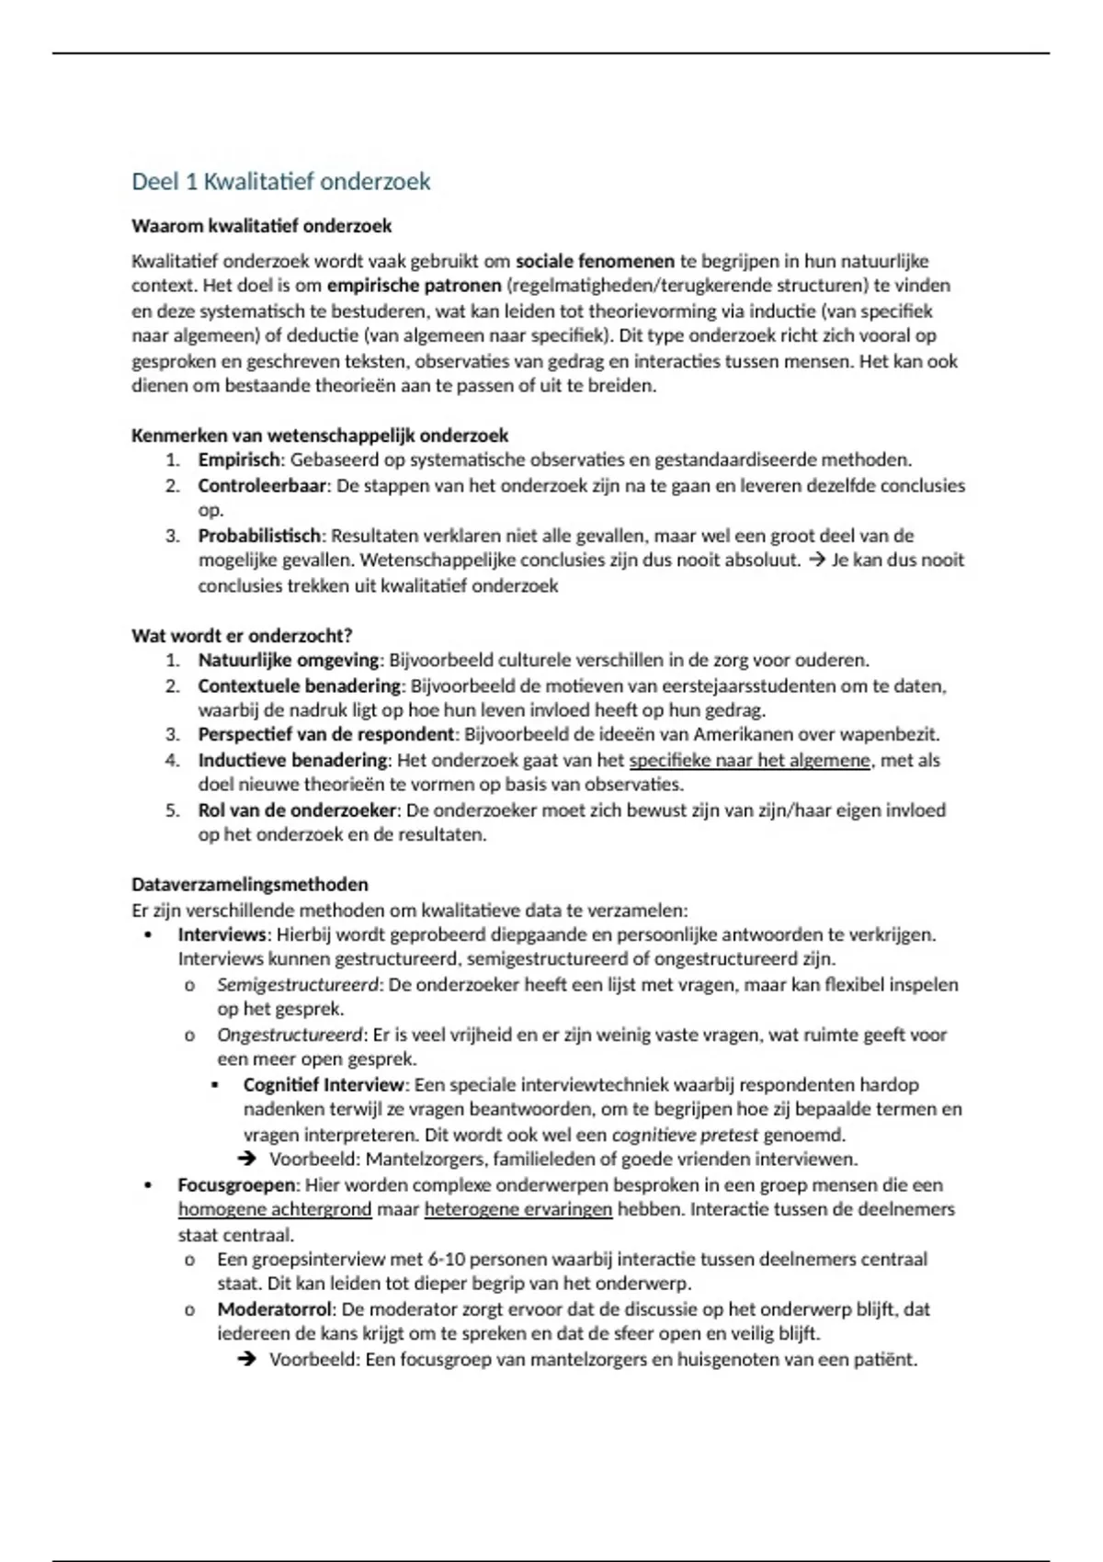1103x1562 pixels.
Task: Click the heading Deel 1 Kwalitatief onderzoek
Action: (x=280, y=182)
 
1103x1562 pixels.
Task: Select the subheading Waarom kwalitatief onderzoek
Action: (x=261, y=226)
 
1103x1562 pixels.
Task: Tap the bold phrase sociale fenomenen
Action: (x=595, y=261)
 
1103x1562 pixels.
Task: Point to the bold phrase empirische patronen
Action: (x=414, y=286)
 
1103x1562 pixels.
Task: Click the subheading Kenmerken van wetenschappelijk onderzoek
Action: (x=319, y=436)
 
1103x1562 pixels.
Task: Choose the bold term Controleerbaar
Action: (x=262, y=485)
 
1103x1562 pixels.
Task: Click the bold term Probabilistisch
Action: (x=259, y=536)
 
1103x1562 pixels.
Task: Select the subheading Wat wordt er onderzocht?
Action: (x=242, y=636)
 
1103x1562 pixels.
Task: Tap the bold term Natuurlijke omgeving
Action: (x=288, y=661)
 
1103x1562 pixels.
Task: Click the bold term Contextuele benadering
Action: (x=300, y=686)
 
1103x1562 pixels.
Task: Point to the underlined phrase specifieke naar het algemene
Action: (x=749, y=761)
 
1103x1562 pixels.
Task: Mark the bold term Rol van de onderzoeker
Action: (x=297, y=810)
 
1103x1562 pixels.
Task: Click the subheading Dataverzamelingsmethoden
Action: (x=249, y=885)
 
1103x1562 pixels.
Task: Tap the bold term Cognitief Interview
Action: (x=324, y=1085)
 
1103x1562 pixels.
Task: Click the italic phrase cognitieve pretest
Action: (x=685, y=1135)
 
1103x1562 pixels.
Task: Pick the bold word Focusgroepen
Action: (x=236, y=1185)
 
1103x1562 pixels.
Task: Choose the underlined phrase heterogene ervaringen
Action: (x=517, y=1210)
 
